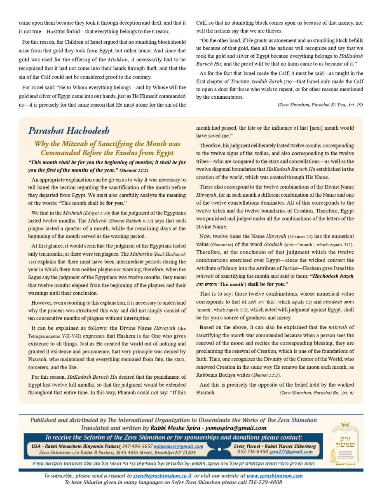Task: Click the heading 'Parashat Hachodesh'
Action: coord(69,131)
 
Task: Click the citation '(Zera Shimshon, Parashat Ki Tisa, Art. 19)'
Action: coord(320,105)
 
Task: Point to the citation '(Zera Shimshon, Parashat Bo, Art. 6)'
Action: coord(316,393)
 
